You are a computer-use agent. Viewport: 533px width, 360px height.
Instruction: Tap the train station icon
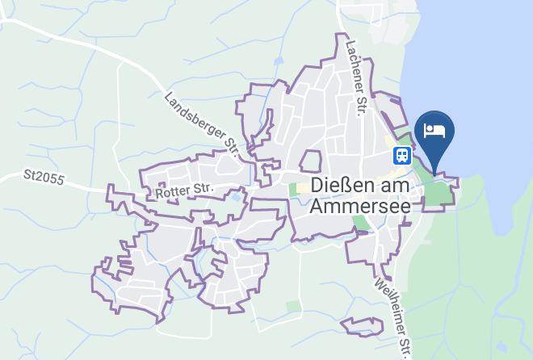click(x=402, y=154)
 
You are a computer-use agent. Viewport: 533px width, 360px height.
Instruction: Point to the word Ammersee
click(x=359, y=205)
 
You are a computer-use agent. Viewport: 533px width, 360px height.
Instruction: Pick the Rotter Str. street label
click(x=183, y=190)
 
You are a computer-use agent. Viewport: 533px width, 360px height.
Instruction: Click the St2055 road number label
click(x=44, y=175)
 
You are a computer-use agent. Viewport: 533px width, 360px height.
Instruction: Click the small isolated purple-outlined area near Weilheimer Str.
click(x=362, y=326)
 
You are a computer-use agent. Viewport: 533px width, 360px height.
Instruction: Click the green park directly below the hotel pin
click(x=435, y=193)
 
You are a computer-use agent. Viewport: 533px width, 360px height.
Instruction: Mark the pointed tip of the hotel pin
click(x=434, y=173)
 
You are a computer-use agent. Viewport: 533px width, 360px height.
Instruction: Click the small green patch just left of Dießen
click(x=292, y=190)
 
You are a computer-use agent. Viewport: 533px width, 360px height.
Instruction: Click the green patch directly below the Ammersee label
click(x=362, y=222)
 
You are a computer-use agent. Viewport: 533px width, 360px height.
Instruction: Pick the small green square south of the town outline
click(x=293, y=307)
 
